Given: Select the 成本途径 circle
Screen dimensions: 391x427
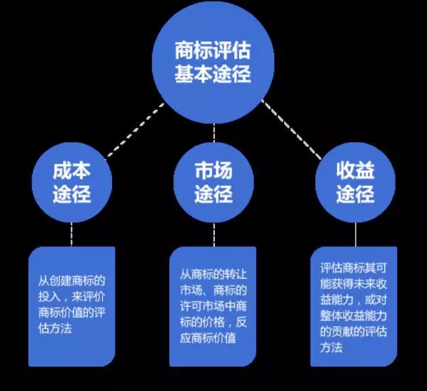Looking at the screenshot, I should click(x=71, y=182).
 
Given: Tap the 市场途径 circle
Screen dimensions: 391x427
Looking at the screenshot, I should click(x=213, y=182).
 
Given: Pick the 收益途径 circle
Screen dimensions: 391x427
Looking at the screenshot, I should click(x=355, y=182).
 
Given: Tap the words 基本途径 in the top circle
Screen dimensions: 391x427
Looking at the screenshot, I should click(x=213, y=73).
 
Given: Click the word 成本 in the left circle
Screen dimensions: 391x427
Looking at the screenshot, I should click(x=71, y=171).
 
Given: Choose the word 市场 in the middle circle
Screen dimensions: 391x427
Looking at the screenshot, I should click(x=213, y=171).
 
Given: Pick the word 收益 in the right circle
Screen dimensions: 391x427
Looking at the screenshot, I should click(x=355, y=171).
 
